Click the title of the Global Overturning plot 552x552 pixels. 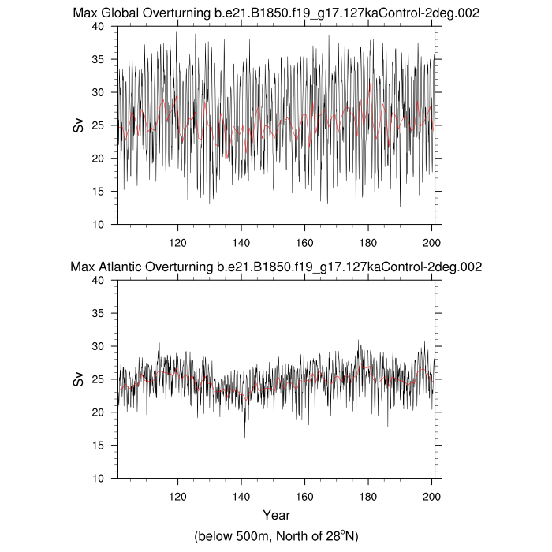coord(276,13)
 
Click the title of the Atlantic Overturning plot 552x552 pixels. coord(276,267)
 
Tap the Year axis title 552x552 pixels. coord(276,516)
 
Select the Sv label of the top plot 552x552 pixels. coord(78,125)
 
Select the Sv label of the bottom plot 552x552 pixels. coord(78,379)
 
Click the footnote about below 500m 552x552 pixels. coord(276,536)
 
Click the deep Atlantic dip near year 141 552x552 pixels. coord(244,437)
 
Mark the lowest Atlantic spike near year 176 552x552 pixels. coord(356,441)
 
